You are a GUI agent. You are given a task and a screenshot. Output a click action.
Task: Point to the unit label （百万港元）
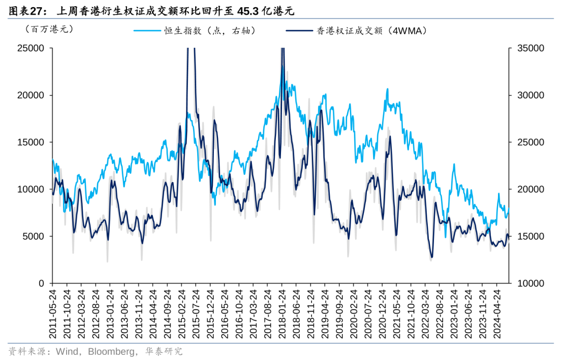point(49,29)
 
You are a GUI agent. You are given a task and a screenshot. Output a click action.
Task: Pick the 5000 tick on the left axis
point(34,236)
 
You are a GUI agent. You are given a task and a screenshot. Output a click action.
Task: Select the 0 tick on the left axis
point(42,283)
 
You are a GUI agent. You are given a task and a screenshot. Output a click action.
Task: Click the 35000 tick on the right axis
point(530,48)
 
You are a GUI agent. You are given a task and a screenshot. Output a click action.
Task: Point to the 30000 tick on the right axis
point(530,95)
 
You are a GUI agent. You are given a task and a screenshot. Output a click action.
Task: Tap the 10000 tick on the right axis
point(530,283)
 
